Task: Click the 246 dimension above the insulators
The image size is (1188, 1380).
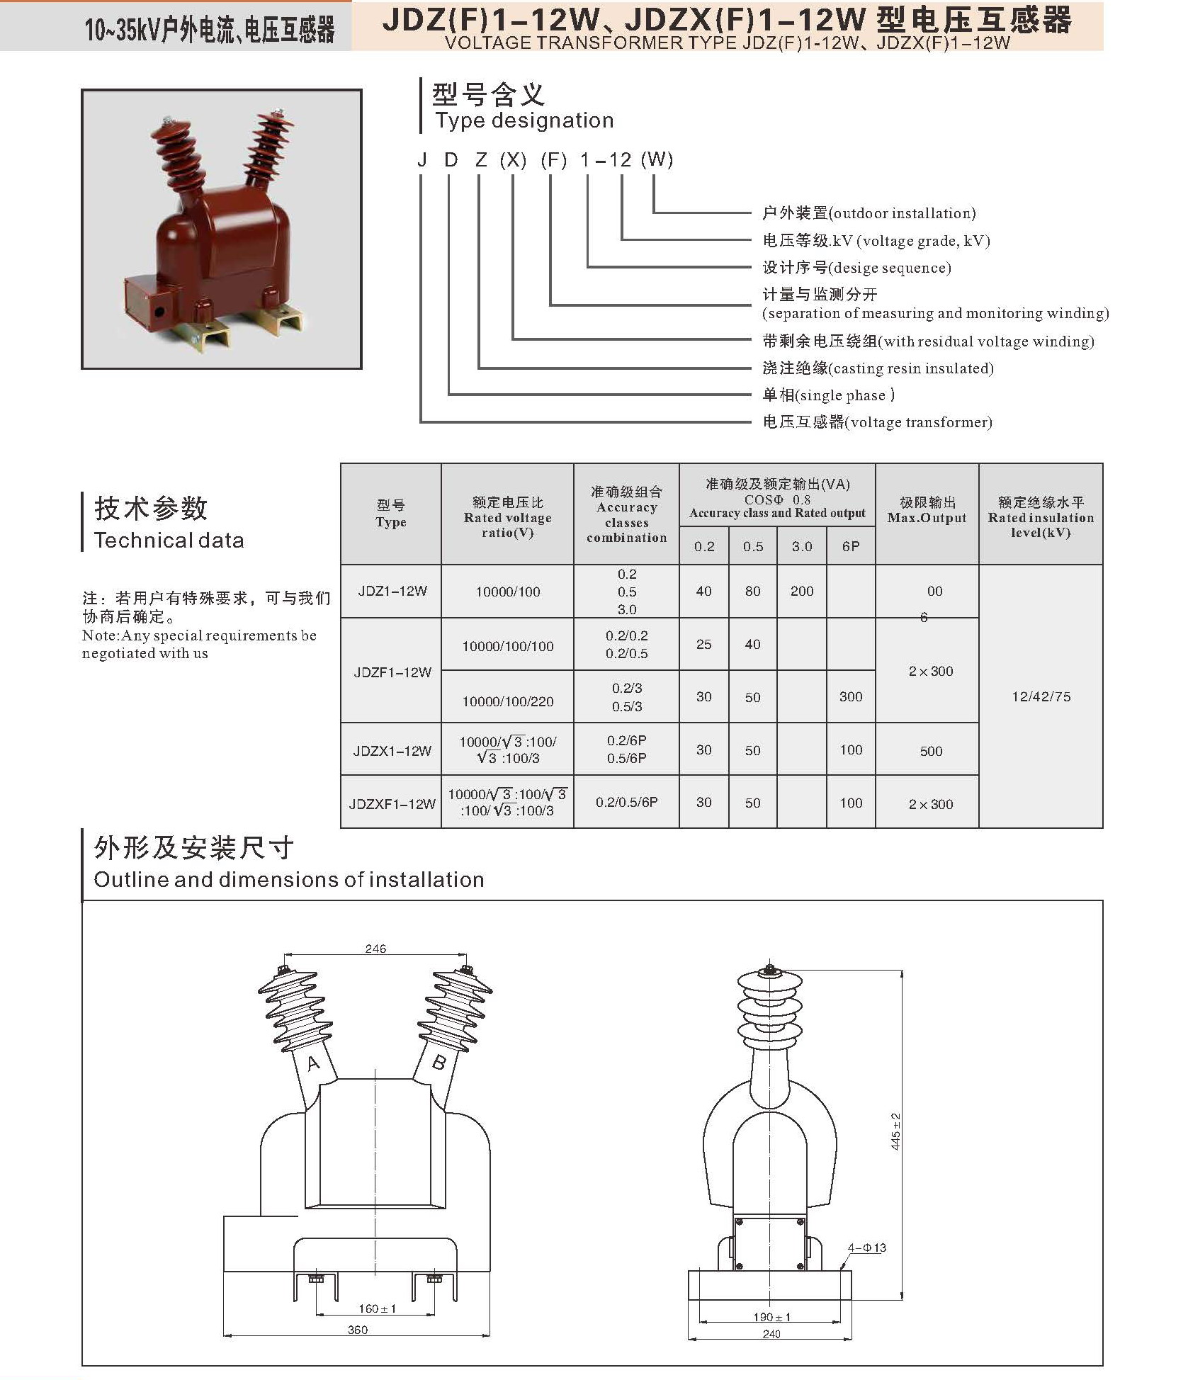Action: pyautogui.click(x=375, y=949)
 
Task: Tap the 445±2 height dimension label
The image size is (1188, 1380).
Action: pyautogui.click(x=895, y=1131)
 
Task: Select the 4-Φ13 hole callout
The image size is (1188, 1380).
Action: pyautogui.click(x=867, y=1248)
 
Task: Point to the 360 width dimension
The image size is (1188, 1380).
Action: pyautogui.click(x=358, y=1330)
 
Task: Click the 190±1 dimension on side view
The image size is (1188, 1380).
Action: pyautogui.click(x=771, y=1317)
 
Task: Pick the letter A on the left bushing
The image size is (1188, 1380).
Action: pyautogui.click(x=313, y=1063)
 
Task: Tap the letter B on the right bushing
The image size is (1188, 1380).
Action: pyautogui.click(x=439, y=1062)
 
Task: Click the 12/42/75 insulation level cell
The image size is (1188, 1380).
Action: pyautogui.click(x=1041, y=696)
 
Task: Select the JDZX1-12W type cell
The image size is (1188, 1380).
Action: pyautogui.click(x=392, y=750)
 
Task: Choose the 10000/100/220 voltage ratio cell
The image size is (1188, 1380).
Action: pyautogui.click(x=508, y=701)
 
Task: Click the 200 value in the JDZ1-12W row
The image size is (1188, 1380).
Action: pyautogui.click(x=802, y=591)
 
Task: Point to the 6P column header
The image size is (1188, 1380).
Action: pyautogui.click(x=851, y=546)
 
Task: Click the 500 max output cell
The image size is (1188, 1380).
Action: pyautogui.click(x=931, y=751)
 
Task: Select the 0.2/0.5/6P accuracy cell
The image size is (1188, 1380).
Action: pyautogui.click(x=626, y=802)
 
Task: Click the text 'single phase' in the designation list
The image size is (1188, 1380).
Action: pyautogui.click(x=842, y=395)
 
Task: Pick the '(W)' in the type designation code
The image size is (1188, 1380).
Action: pyautogui.click(x=657, y=159)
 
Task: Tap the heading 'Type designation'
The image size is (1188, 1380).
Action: pyautogui.click(x=524, y=120)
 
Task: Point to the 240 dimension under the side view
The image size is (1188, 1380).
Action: pyautogui.click(x=771, y=1334)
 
